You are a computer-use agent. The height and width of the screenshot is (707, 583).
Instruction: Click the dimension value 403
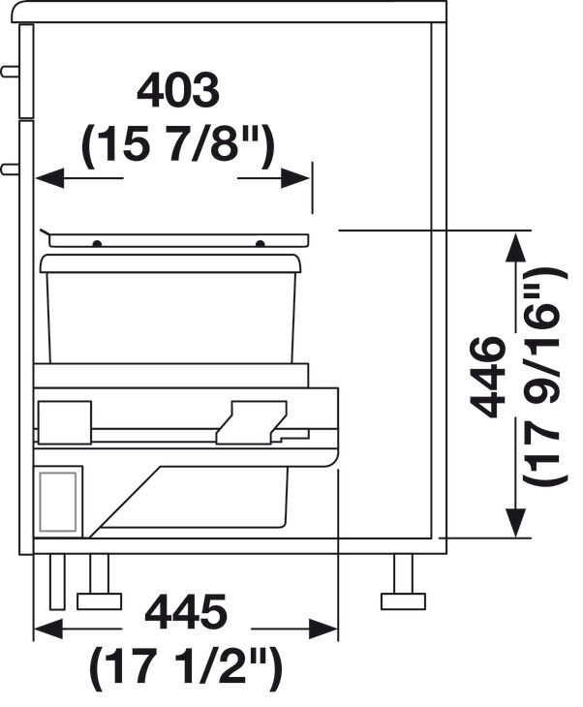178,92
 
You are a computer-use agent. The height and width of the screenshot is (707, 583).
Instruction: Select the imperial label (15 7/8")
177,143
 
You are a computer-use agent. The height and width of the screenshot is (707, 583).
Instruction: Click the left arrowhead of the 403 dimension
49,178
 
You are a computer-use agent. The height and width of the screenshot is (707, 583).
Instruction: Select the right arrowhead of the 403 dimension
295,178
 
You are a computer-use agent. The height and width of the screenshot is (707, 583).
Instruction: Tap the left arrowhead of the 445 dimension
48,629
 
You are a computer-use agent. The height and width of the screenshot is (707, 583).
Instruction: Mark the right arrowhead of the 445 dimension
323,629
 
